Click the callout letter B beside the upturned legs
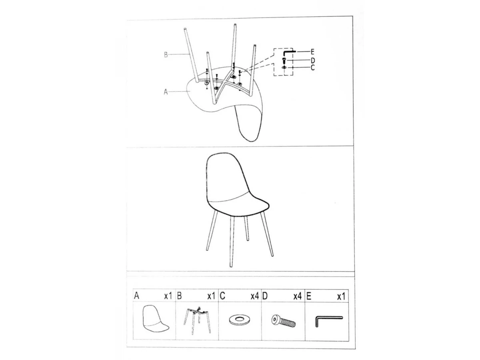(166, 55)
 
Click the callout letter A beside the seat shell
(166, 92)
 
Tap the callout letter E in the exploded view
(312, 52)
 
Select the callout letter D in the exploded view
(313, 60)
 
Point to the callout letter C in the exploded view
(313, 68)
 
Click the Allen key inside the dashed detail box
(289, 53)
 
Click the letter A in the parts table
(136, 296)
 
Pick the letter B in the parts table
(179, 296)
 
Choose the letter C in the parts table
(222, 296)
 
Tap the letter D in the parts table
(265, 296)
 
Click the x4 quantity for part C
(255, 296)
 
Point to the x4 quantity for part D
(298, 296)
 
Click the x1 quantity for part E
(341, 297)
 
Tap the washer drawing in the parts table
(240, 320)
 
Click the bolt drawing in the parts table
(284, 321)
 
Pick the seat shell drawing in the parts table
(155, 319)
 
